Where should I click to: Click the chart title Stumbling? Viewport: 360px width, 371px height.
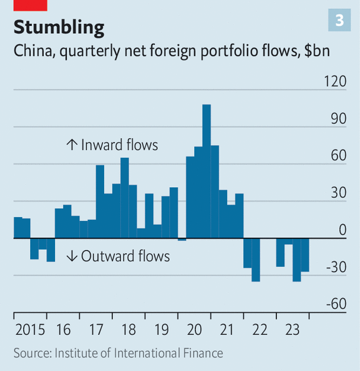click(59, 27)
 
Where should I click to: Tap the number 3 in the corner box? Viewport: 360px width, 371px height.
click(339, 21)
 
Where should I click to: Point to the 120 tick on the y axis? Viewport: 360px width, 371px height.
click(335, 81)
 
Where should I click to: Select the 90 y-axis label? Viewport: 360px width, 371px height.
click(339, 119)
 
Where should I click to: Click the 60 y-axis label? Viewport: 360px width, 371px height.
click(339, 156)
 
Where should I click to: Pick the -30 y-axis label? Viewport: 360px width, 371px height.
click(336, 267)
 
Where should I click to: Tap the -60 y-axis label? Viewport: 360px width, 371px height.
click(336, 304)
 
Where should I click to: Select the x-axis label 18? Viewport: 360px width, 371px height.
click(128, 330)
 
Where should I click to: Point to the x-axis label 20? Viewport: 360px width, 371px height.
click(194, 330)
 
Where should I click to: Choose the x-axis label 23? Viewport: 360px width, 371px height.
click(292, 330)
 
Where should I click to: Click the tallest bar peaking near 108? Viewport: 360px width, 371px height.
click(207, 172)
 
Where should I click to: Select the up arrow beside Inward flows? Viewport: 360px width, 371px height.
click(72, 145)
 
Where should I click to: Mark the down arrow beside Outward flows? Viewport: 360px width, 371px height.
click(72, 256)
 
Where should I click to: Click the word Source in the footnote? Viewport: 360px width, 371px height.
click(31, 353)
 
